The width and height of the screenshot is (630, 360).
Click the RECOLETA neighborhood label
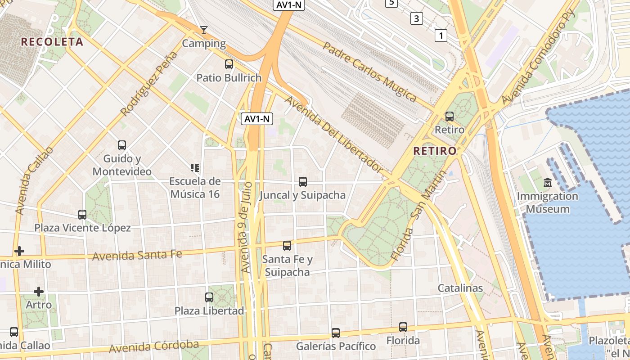click(x=52, y=42)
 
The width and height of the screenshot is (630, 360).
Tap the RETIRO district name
click(x=435, y=151)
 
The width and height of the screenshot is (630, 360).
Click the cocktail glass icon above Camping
click(x=204, y=30)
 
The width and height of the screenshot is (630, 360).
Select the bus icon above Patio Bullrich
click(x=229, y=64)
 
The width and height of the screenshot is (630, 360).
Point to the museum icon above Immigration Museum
click(x=547, y=183)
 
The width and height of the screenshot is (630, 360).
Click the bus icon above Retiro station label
click(x=449, y=117)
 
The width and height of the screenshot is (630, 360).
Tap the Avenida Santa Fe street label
click(x=137, y=255)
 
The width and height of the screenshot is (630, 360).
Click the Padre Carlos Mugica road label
click(x=370, y=71)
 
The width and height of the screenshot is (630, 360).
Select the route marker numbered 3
click(x=417, y=18)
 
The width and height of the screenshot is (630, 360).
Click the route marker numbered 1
click(x=441, y=35)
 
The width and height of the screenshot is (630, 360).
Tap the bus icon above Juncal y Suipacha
click(x=303, y=182)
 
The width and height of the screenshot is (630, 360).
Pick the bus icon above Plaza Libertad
click(x=209, y=297)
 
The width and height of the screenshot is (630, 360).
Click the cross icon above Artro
click(x=39, y=292)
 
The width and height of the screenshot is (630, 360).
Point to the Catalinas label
click(x=460, y=288)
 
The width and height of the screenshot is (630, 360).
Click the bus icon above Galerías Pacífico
click(x=336, y=333)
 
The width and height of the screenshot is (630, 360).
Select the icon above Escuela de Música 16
click(x=195, y=168)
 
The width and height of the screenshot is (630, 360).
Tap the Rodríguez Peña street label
click(x=149, y=83)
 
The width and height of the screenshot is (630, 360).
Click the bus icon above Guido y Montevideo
click(x=122, y=145)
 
